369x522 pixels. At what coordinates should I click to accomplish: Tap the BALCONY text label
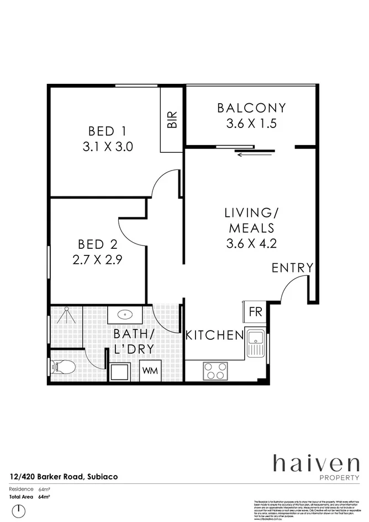251,108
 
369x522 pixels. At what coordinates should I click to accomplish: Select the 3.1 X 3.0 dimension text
107,147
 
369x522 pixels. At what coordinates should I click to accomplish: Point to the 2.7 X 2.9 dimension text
97,259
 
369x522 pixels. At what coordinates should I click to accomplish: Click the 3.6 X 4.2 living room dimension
251,243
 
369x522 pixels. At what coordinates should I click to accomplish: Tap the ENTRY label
292,268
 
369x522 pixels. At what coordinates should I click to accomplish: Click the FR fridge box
255,312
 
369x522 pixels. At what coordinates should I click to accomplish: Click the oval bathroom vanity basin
125,316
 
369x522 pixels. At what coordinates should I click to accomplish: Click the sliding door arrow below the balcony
254,155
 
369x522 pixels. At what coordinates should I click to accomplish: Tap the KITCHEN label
214,335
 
